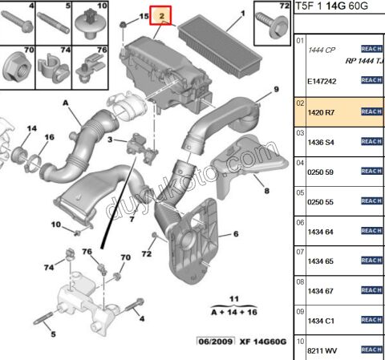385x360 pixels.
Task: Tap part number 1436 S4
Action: [x=322, y=141]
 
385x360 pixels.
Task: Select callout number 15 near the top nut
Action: [x=144, y=16]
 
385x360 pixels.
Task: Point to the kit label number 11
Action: [x=235, y=297]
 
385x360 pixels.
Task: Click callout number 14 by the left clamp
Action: [x=32, y=128]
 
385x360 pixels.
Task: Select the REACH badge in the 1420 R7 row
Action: [x=371, y=111]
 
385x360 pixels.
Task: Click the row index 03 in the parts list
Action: [x=301, y=131]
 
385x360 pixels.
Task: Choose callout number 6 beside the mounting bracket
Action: [x=237, y=234]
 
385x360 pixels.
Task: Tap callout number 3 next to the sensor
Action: [x=111, y=141]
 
